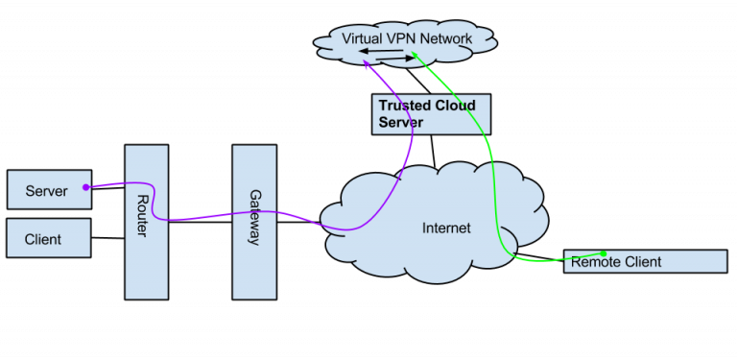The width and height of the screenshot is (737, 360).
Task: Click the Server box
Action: pyautogui.click(x=48, y=190)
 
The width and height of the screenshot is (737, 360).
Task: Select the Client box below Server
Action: pyautogui.click(x=48, y=238)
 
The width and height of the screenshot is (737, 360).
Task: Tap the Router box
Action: pyautogui.click(x=146, y=221)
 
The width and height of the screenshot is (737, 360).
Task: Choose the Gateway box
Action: pyautogui.click(x=254, y=221)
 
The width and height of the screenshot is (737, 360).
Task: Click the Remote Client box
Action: pyautogui.click(x=645, y=261)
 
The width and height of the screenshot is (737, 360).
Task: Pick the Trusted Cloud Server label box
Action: pyautogui.click(x=431, y=114)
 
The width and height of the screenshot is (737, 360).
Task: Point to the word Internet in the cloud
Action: pyautogui.click(x=447, y=228)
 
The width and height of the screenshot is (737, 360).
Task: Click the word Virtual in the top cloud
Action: pyautogui.click(x=361, y=38)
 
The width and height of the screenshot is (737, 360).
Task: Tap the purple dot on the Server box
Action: pyautogui.click(x=86, y=186)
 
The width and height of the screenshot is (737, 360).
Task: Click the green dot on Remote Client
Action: pyautogui.click(x=604, y=254)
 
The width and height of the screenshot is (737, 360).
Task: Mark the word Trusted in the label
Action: pyautogui.click(x=403, y=105)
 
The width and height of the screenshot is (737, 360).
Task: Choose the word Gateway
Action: pyautogui.click(x=255, y=217)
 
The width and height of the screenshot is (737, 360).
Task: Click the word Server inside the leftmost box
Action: pyautogui.click(x=46, y=191)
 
